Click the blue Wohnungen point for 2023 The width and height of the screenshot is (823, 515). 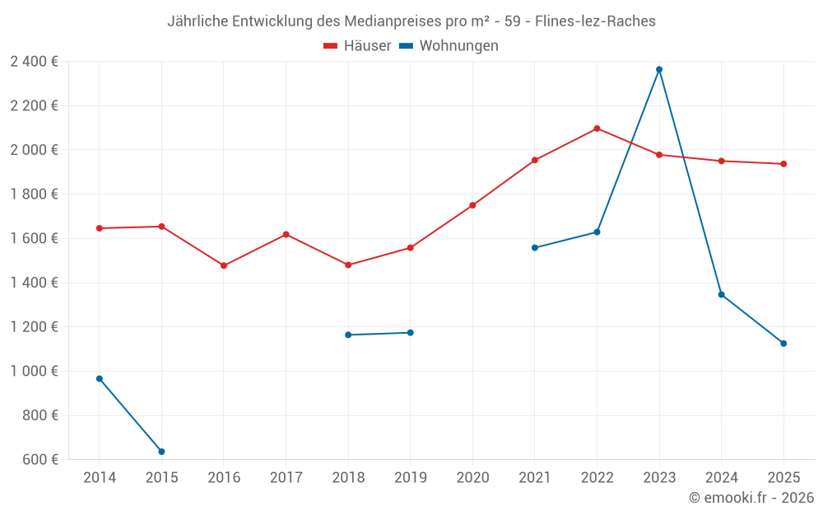click(659, 69)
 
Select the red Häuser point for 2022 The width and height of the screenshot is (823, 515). click(597, 129)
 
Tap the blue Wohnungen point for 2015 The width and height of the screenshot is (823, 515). click(161, 452)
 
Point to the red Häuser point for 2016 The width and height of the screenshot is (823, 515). click(224, 265)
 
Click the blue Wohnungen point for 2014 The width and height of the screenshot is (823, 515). click(100, 379)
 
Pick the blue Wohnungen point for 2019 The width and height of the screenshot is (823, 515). click(411, 333)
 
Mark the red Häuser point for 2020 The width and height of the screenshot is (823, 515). click(472, 205)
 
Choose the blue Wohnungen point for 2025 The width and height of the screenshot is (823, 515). click(783, 344)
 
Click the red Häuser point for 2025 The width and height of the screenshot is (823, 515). click(783, 164)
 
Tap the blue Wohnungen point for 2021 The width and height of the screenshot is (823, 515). click(535, 247)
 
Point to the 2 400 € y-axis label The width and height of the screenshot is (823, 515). click(35, 61)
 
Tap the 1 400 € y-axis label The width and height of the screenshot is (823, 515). click(35, 283)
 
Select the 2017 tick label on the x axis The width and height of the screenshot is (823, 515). click(286, 478)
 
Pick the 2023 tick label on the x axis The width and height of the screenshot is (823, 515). click(659, 478)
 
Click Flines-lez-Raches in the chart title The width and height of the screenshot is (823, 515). click(595, 21)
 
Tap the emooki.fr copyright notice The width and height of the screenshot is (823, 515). click(751, 498)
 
